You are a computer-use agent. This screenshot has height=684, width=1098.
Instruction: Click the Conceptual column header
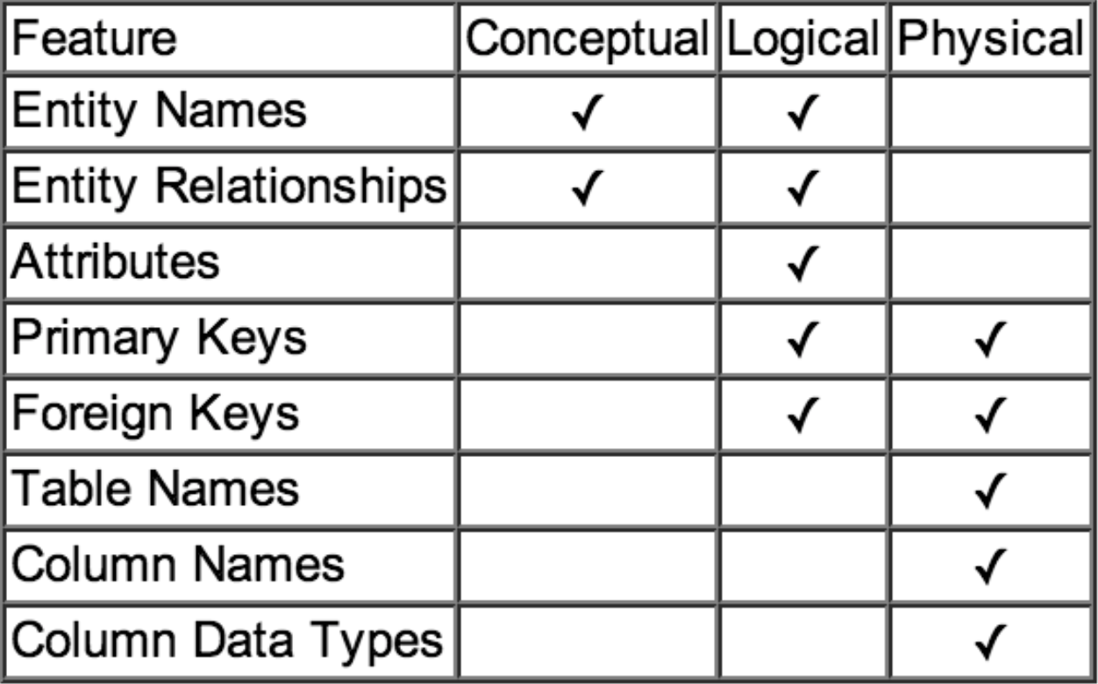(x=586, y=39)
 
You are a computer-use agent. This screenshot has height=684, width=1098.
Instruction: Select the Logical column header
(x=802, y=39)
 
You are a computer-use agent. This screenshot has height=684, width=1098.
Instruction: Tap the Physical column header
(x=990, y=39)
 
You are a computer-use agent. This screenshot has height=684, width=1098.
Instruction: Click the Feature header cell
(x=94, y=39)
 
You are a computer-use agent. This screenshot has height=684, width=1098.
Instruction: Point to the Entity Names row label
(x=159, y=111)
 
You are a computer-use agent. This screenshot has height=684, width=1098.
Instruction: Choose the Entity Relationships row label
(x=229, y=187)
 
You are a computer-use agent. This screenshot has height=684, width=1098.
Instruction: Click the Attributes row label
(x=115, y=262)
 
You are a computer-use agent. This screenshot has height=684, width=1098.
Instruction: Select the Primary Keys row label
(x=159, y=338)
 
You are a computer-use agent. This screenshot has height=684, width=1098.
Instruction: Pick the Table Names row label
(x=154, y=488)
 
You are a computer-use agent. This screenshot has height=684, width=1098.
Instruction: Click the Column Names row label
(x=177, y=564)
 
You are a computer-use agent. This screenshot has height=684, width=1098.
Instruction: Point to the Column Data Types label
(x=226, y=639)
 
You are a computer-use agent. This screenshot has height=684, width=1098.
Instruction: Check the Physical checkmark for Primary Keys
(x=990, y=339)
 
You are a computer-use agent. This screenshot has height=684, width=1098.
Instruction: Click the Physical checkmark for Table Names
(x=990, y=489)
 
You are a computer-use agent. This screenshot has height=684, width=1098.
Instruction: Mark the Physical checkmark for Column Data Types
(x=990, y=640)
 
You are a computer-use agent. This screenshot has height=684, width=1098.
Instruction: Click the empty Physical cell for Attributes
(x=990, y=262)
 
